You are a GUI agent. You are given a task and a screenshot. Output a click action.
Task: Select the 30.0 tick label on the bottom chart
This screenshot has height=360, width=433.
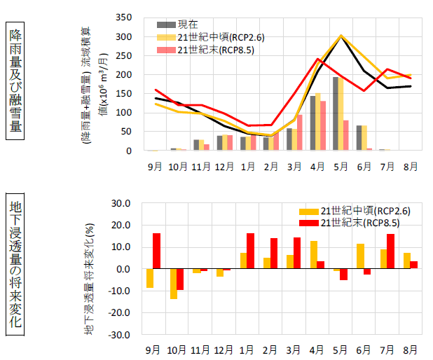[x=122, y=203]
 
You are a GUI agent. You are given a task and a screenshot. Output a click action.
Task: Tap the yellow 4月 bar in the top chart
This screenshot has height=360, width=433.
[x=317, y=122]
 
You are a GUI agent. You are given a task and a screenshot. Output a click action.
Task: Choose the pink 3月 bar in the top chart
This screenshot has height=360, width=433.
[x=300, y=132]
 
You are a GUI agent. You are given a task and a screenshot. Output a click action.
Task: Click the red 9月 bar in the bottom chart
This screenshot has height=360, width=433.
[x=156, y=251]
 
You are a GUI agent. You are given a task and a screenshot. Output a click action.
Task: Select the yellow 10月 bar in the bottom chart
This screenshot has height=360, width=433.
[x=173, y=284]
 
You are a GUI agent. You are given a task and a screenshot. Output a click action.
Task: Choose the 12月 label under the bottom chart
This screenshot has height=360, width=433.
[x=224, y=349]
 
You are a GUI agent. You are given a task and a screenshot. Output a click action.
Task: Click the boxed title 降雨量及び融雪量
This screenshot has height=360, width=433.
[x=15, y=81]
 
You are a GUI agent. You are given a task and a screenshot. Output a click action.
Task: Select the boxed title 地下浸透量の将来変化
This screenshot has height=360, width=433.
[x=15, y=265]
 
